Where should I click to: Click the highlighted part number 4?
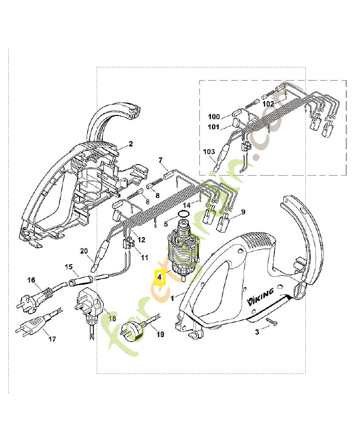pos(160,277)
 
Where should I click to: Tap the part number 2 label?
pos(131,144)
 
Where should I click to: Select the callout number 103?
pos(209,151)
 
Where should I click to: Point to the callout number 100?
pos(214,117)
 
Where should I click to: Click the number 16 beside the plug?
pos(32,281)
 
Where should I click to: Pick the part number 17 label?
pos(52,339)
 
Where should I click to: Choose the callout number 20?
pos(84,251)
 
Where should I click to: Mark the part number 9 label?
pos(242,212)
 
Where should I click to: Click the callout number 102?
pos(268,103)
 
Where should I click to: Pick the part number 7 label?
pos(161,161)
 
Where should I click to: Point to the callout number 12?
pos(141,240)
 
